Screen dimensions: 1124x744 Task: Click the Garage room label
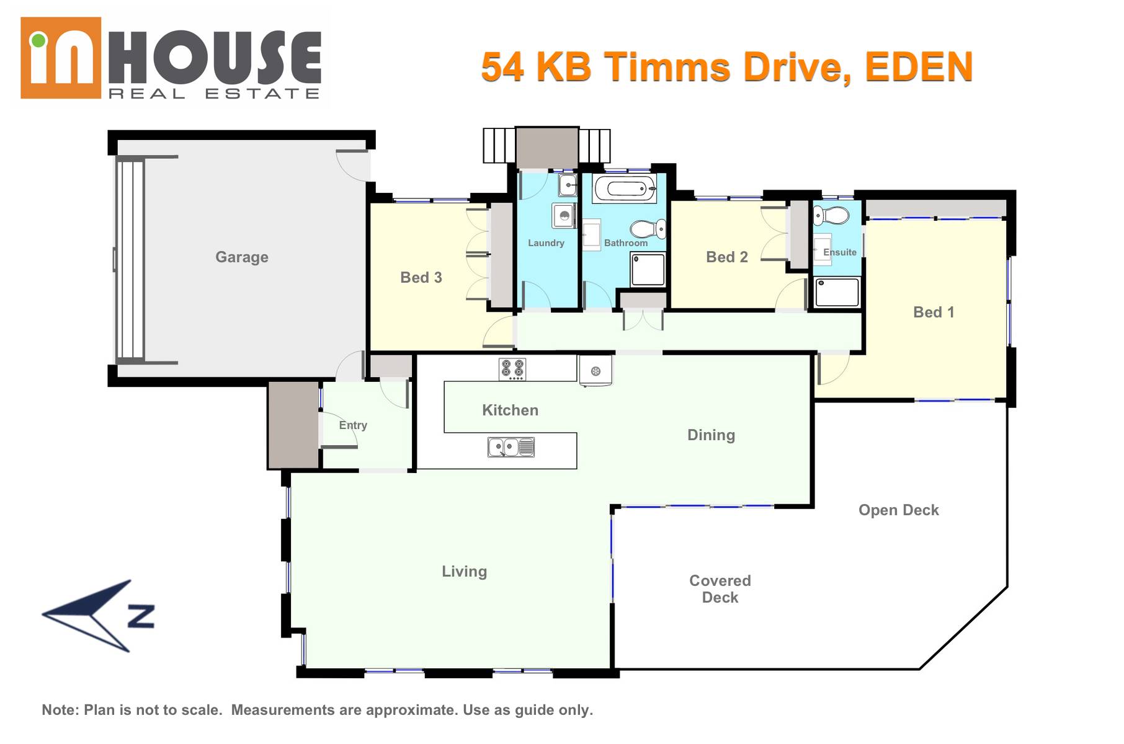click(242, 257)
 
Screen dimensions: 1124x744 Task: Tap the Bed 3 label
click(421, 278)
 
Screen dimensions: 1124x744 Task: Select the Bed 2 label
click(727, 257)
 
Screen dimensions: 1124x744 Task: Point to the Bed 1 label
click(934, 312)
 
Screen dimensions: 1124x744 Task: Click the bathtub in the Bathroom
click(625, 188)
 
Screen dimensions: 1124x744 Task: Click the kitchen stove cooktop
click(513, 370)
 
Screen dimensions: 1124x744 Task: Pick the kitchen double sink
click(511, 447)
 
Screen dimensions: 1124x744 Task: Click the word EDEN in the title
click(919, 67)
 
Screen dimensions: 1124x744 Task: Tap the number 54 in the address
click(502, 67)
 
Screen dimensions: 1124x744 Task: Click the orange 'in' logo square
click(61, 58)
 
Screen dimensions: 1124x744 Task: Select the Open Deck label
click(899, 510)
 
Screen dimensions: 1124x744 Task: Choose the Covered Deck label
click(720, 589)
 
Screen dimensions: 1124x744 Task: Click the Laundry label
click(546, 243)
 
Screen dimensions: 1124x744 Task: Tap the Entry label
click(353, 425)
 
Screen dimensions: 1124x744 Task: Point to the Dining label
click(711, 435)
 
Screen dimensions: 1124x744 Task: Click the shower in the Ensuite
click(837, 292)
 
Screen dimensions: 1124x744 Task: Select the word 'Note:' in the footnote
click(60, 710)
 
